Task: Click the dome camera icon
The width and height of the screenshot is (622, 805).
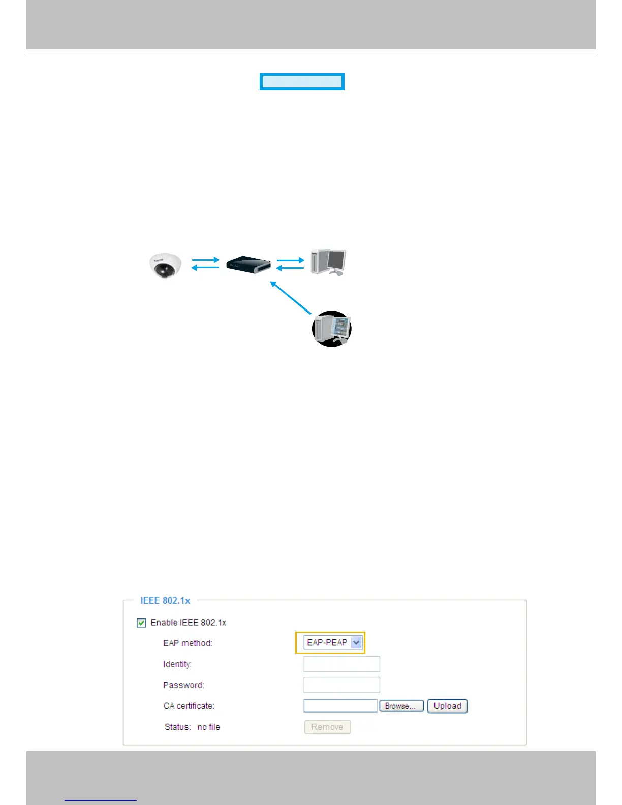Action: (165, 265)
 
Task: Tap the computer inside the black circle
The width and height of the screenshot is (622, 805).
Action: (331, 329)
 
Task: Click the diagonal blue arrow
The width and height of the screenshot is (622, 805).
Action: (291, 298)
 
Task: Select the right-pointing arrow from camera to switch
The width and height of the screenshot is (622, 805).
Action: (205, 260)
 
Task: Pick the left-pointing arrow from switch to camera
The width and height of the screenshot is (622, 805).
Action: (205, 268)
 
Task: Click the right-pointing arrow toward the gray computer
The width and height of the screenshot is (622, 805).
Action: (290, 260)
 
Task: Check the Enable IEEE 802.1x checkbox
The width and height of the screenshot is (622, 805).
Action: (142, 623)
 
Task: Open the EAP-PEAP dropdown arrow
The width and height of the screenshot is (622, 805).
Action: (356, 642)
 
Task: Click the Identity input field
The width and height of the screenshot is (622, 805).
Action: (341, 664)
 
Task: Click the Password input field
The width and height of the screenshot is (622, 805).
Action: (341, 685)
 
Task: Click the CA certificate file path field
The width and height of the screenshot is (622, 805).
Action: (340, 706)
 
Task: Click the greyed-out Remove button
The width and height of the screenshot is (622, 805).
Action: (327, 727)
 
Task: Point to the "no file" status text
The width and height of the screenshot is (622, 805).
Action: (208, 727)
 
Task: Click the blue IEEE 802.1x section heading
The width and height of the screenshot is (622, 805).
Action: (165, 600)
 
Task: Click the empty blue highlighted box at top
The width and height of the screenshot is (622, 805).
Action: (302, 82)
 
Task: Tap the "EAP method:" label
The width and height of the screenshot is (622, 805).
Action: (188, 643)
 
